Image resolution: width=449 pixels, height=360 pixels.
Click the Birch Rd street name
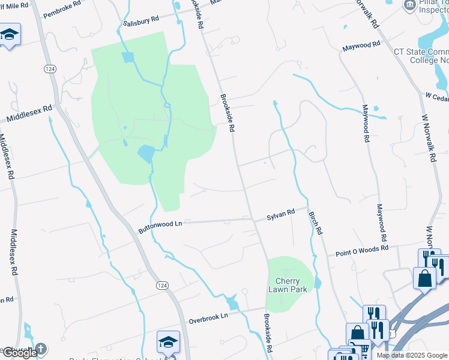click(x=316, y=222)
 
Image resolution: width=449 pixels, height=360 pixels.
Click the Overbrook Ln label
click(x=208, y=316)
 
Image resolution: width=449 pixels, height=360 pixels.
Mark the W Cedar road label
click(x=436, y=96)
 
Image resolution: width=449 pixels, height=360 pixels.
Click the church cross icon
click(x=41, y=348)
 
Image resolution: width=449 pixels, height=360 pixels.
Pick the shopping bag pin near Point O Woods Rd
click(x=424, y=278)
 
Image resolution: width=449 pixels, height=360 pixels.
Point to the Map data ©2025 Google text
click(x=412, y=355)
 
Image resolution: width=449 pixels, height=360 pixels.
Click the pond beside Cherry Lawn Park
click(x=318, y=282)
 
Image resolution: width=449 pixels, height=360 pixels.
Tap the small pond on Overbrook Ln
click(x=233, y=305)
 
